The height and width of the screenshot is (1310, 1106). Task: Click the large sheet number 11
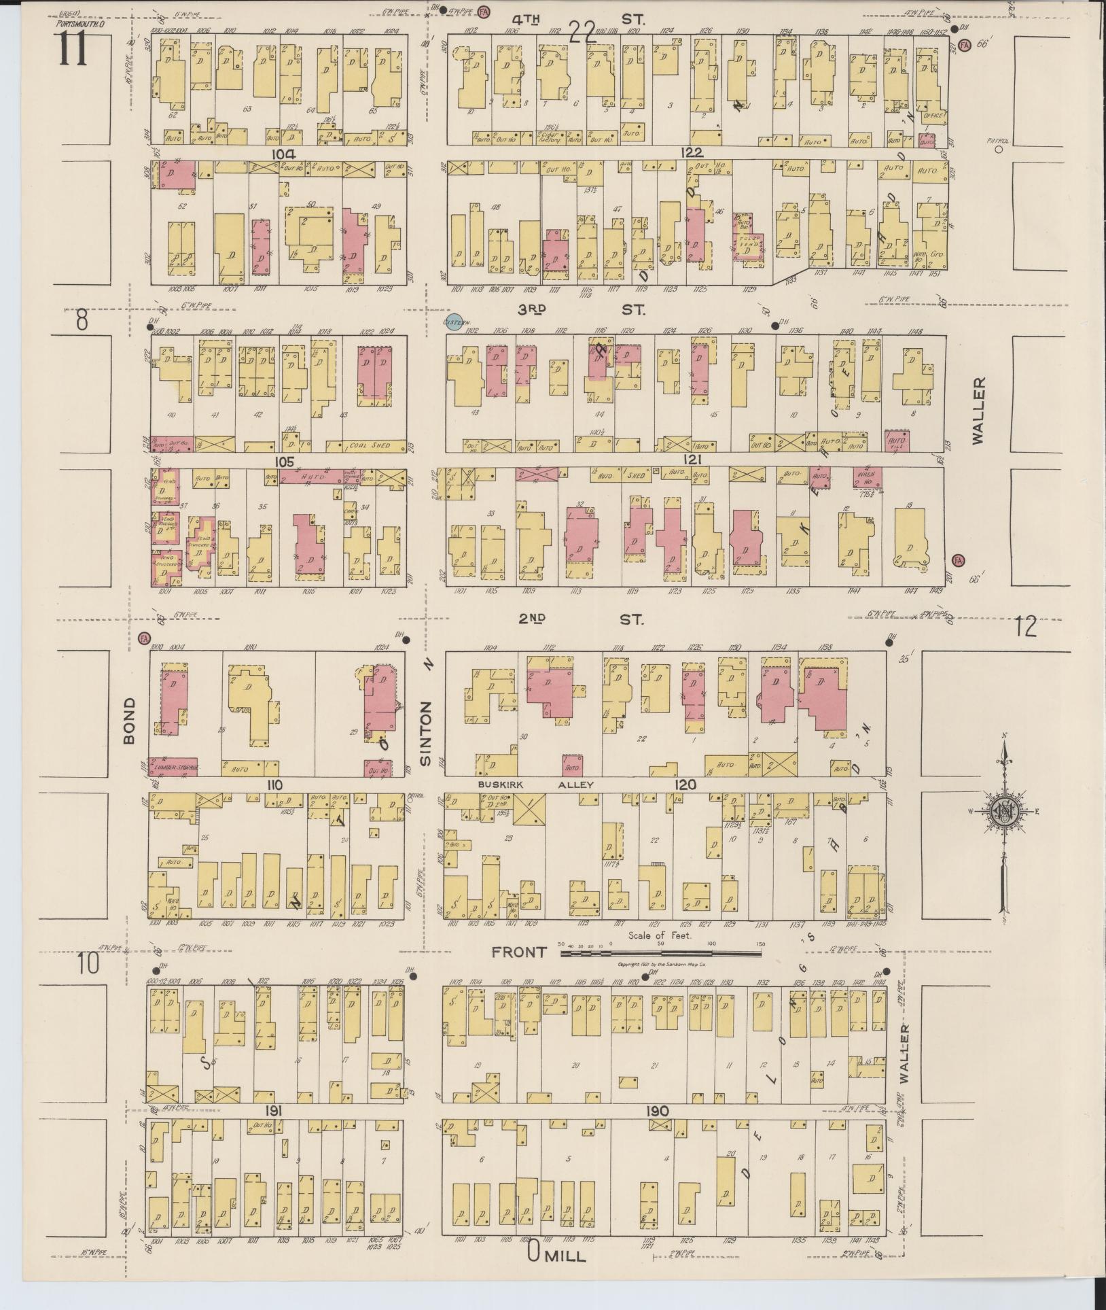point(73,48)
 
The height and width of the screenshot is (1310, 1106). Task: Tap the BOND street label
point(130,720)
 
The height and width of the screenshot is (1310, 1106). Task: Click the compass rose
point(1003,811)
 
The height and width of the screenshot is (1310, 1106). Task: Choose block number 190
point(657,1111)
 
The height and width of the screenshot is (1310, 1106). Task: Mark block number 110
point(274,785)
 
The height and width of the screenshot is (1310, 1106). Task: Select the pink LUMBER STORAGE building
point(173,767)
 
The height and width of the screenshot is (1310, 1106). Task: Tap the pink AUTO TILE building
point(897,441)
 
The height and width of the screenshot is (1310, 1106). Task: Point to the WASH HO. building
point(868,478)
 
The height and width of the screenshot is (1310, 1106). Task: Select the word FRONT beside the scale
point(519,952)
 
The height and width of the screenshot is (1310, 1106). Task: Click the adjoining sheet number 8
point(82,320)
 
